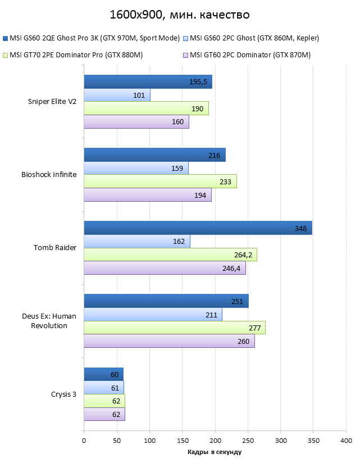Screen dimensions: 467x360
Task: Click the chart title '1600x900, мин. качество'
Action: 180,14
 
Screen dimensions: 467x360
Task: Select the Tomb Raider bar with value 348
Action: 198,228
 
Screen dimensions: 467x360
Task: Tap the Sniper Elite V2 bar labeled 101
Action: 117,95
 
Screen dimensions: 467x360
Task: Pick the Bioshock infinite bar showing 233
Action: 160,182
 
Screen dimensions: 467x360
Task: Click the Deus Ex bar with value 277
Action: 175,328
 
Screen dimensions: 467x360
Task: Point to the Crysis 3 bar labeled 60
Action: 103,374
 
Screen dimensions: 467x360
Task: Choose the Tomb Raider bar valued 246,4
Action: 165,268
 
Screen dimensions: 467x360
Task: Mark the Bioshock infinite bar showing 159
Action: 136,168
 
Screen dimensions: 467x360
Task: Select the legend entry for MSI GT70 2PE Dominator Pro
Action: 76,55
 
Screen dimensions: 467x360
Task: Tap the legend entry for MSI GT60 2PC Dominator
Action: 250,55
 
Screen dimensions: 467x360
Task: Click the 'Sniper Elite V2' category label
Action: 52,102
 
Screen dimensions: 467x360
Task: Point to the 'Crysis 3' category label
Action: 63,394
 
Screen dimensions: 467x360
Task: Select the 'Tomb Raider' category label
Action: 55,248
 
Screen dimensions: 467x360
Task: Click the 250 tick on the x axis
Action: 248,441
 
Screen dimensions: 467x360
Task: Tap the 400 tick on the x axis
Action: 346,441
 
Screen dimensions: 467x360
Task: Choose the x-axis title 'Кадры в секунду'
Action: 215,452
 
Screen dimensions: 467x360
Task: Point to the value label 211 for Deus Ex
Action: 211,315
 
